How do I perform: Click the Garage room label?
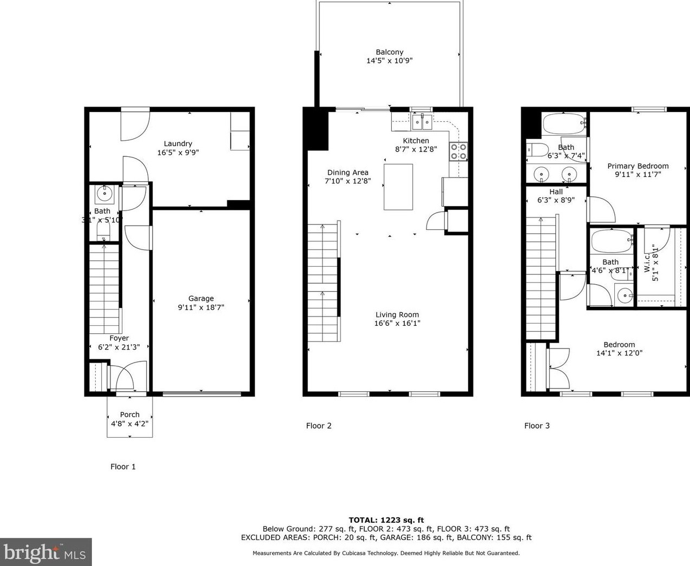click(x=201, y=298)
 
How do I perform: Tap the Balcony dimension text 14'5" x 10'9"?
click(x=389, y=61)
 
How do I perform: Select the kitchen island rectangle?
click(x=398, y=187)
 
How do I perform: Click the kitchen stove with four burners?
click(x=458, y=152)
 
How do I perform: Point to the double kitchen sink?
click(x=422, y=122)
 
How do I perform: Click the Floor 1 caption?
click(x=123, y=466)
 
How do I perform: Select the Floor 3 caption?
click(x=537, y=426)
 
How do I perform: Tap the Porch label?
click(x=129, y=414)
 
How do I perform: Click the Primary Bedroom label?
click(x=638, y=166)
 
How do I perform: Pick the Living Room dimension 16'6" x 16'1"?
click(x=397, y=324)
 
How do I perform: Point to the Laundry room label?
click(x=178, y=143)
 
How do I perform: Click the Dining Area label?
click(x=347, y=173)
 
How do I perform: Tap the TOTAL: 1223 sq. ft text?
click(x=386, y=520)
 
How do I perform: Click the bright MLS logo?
click(x=45, y=552)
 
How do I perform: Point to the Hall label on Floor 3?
click(x=556, y=192)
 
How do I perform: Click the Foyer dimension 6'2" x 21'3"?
click(x=119, y=347)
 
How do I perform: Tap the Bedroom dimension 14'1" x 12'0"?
click(x=619, y=353)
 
